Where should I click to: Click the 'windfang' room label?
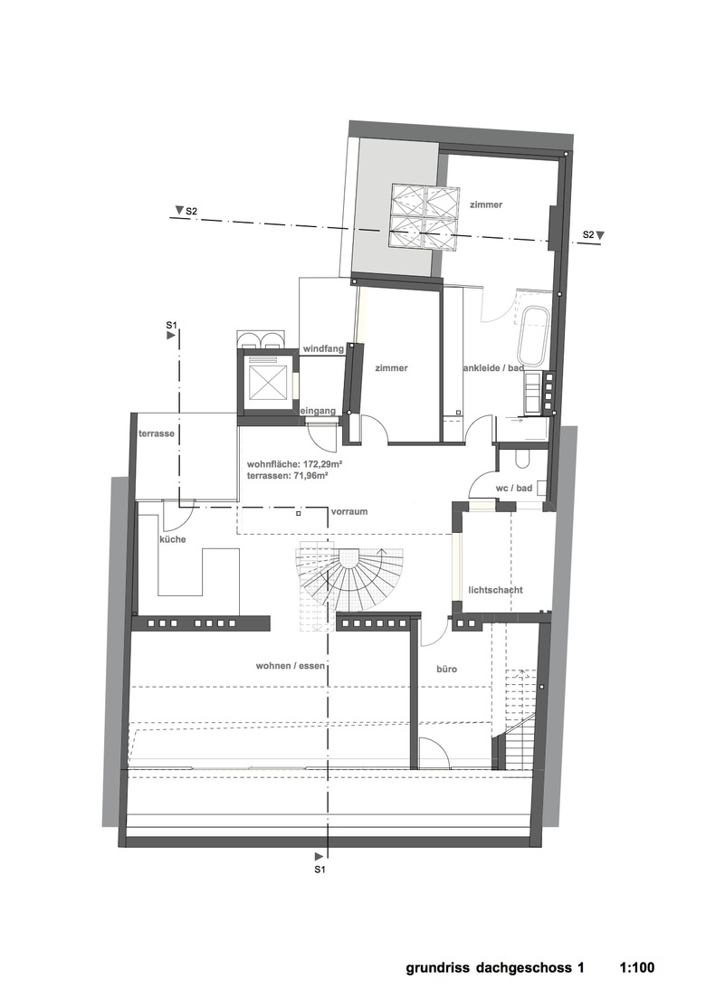pos(323,348)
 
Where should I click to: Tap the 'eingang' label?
pos(318,411)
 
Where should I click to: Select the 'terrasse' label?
pos(157,433)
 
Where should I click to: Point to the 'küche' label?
pos(173,539)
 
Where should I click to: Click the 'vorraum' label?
pos(349,511)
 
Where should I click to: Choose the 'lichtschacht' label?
pos(495,589)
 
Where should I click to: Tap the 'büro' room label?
pos(447,669)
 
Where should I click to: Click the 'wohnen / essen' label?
pos(291,666)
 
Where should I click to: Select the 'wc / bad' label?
pos(514,489)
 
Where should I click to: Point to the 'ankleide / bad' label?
pos(494,368)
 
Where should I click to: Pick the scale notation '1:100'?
pos(636,967)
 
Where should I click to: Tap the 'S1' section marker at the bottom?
pos(320,868)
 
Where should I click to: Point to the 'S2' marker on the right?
pos(588,235)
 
